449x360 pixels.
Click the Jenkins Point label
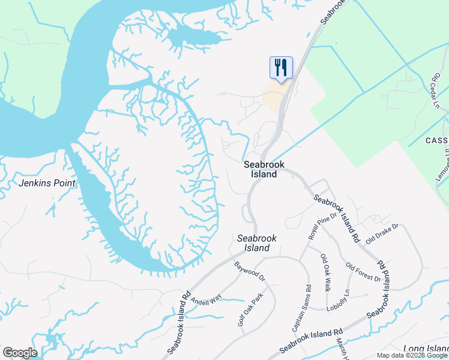coord(47,183)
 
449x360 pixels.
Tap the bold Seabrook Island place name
coord(264,169)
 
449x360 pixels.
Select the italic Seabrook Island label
coord(257,243)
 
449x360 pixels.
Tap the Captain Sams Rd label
coord(301,308)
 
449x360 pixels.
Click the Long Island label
coord(426,349)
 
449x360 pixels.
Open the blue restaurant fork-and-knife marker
coord(280,67)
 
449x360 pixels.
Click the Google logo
coord(20,353)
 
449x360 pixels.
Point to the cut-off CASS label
coord(436,140)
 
